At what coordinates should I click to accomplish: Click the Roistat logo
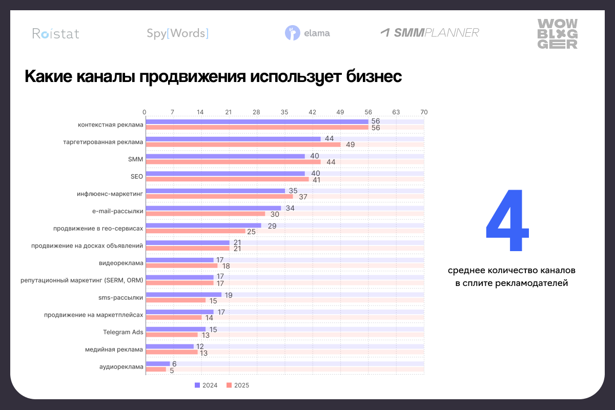coord(56,34)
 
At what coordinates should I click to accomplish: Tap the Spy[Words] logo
coord(177,34)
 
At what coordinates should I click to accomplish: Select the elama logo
coord(307,33)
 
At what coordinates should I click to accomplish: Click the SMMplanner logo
coord(429,33)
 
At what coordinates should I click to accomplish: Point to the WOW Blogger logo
coord(557,34)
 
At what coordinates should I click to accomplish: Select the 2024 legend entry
coord(207,385)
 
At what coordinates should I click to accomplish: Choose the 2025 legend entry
coord(238,385)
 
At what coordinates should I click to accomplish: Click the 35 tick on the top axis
coord(284,112)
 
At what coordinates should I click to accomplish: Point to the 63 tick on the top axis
coord(396,112)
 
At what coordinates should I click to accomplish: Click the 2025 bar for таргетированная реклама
coord(243,145)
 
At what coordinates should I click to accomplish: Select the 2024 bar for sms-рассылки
coord(184,295)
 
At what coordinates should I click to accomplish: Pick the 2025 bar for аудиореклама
coord(156,369)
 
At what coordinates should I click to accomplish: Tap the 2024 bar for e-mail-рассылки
coord(214,208)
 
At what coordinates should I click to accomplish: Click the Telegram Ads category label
coord(123,332)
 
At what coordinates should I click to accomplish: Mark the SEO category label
coord(137,176)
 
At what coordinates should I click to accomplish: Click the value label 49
coord(350,145)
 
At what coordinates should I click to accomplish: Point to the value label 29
coord(272,225)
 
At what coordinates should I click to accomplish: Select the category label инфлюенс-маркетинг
coord(110,194)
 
